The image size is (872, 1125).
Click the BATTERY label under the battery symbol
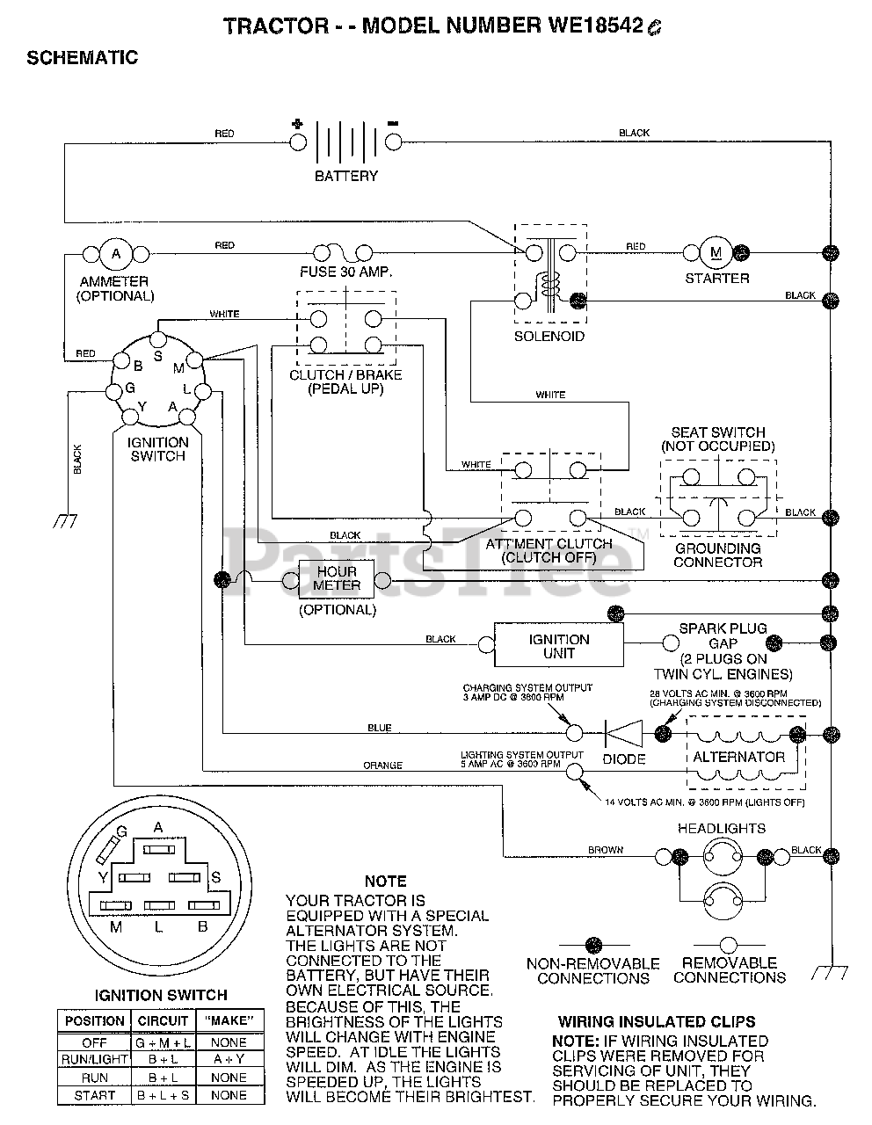[x=346, y=176]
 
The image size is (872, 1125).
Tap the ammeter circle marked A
[x=116, y=254]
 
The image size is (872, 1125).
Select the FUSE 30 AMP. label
[x=346, y=272]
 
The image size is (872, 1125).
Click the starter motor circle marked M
[x=716, y=252]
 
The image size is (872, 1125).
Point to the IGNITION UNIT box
[x=559, y=644]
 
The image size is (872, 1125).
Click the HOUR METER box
[x=337, y=579]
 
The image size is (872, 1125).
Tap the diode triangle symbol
[x=624, y=733]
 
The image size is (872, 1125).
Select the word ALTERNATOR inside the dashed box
[x=739, y=757]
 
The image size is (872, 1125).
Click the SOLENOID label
[x=549, y=337]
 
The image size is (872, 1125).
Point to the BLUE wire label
[x=380, y=728]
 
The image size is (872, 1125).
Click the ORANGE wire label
[x=382, y=766]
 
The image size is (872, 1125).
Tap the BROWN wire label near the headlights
[x=606, y=850]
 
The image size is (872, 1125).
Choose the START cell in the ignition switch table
[x=94, y=1095]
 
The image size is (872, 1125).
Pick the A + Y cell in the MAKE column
[x=229, y=1059]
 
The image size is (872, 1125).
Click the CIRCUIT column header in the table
[x=163, y=1021]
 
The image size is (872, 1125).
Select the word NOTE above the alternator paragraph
[x=386, y=882]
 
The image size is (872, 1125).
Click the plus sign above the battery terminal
[x=297, y=124]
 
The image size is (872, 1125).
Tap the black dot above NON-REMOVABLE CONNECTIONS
[x=593, y=946]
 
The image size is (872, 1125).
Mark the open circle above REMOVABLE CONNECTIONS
[x=729, y=946]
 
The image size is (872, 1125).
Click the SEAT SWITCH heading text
[x=717, y=432]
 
